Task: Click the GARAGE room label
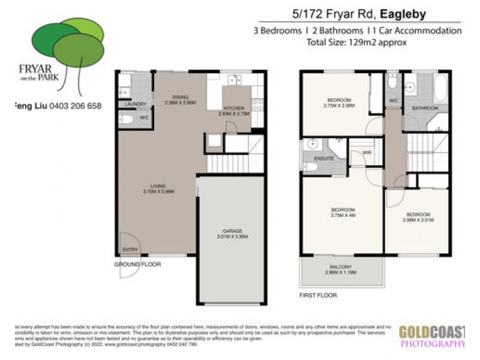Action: pyautogui.click(x=231, y=233)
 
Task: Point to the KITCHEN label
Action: pyautogui.click(x=235, y=109)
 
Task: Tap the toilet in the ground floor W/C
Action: pyautogui.click(x=126, y=119)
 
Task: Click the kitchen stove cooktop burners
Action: pyautogui.click(x=258, y=105)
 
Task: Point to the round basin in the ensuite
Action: pyautogui.click(x=312, y=145)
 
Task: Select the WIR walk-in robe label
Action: pyautogui.click(x=367, y=152)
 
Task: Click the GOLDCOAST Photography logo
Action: pyautogui.click(x=431, y=336)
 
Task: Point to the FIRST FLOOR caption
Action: pyautogui.click(x=318, y=295)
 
